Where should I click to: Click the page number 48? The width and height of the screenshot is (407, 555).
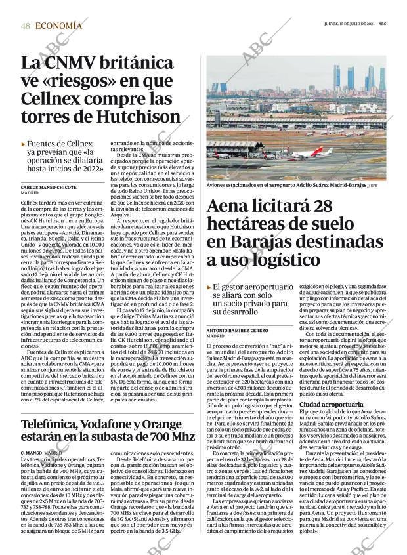click(25, 26)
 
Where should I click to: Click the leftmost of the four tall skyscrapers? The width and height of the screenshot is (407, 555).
click(337, 77)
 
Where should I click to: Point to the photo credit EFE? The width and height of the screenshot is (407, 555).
click(374, 186)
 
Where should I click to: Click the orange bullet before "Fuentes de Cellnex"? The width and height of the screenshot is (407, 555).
click(23, 144)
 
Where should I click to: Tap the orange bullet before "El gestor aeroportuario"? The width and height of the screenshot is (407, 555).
click(209, 287)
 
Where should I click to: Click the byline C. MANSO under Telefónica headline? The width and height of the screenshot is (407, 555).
click(32, 453)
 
